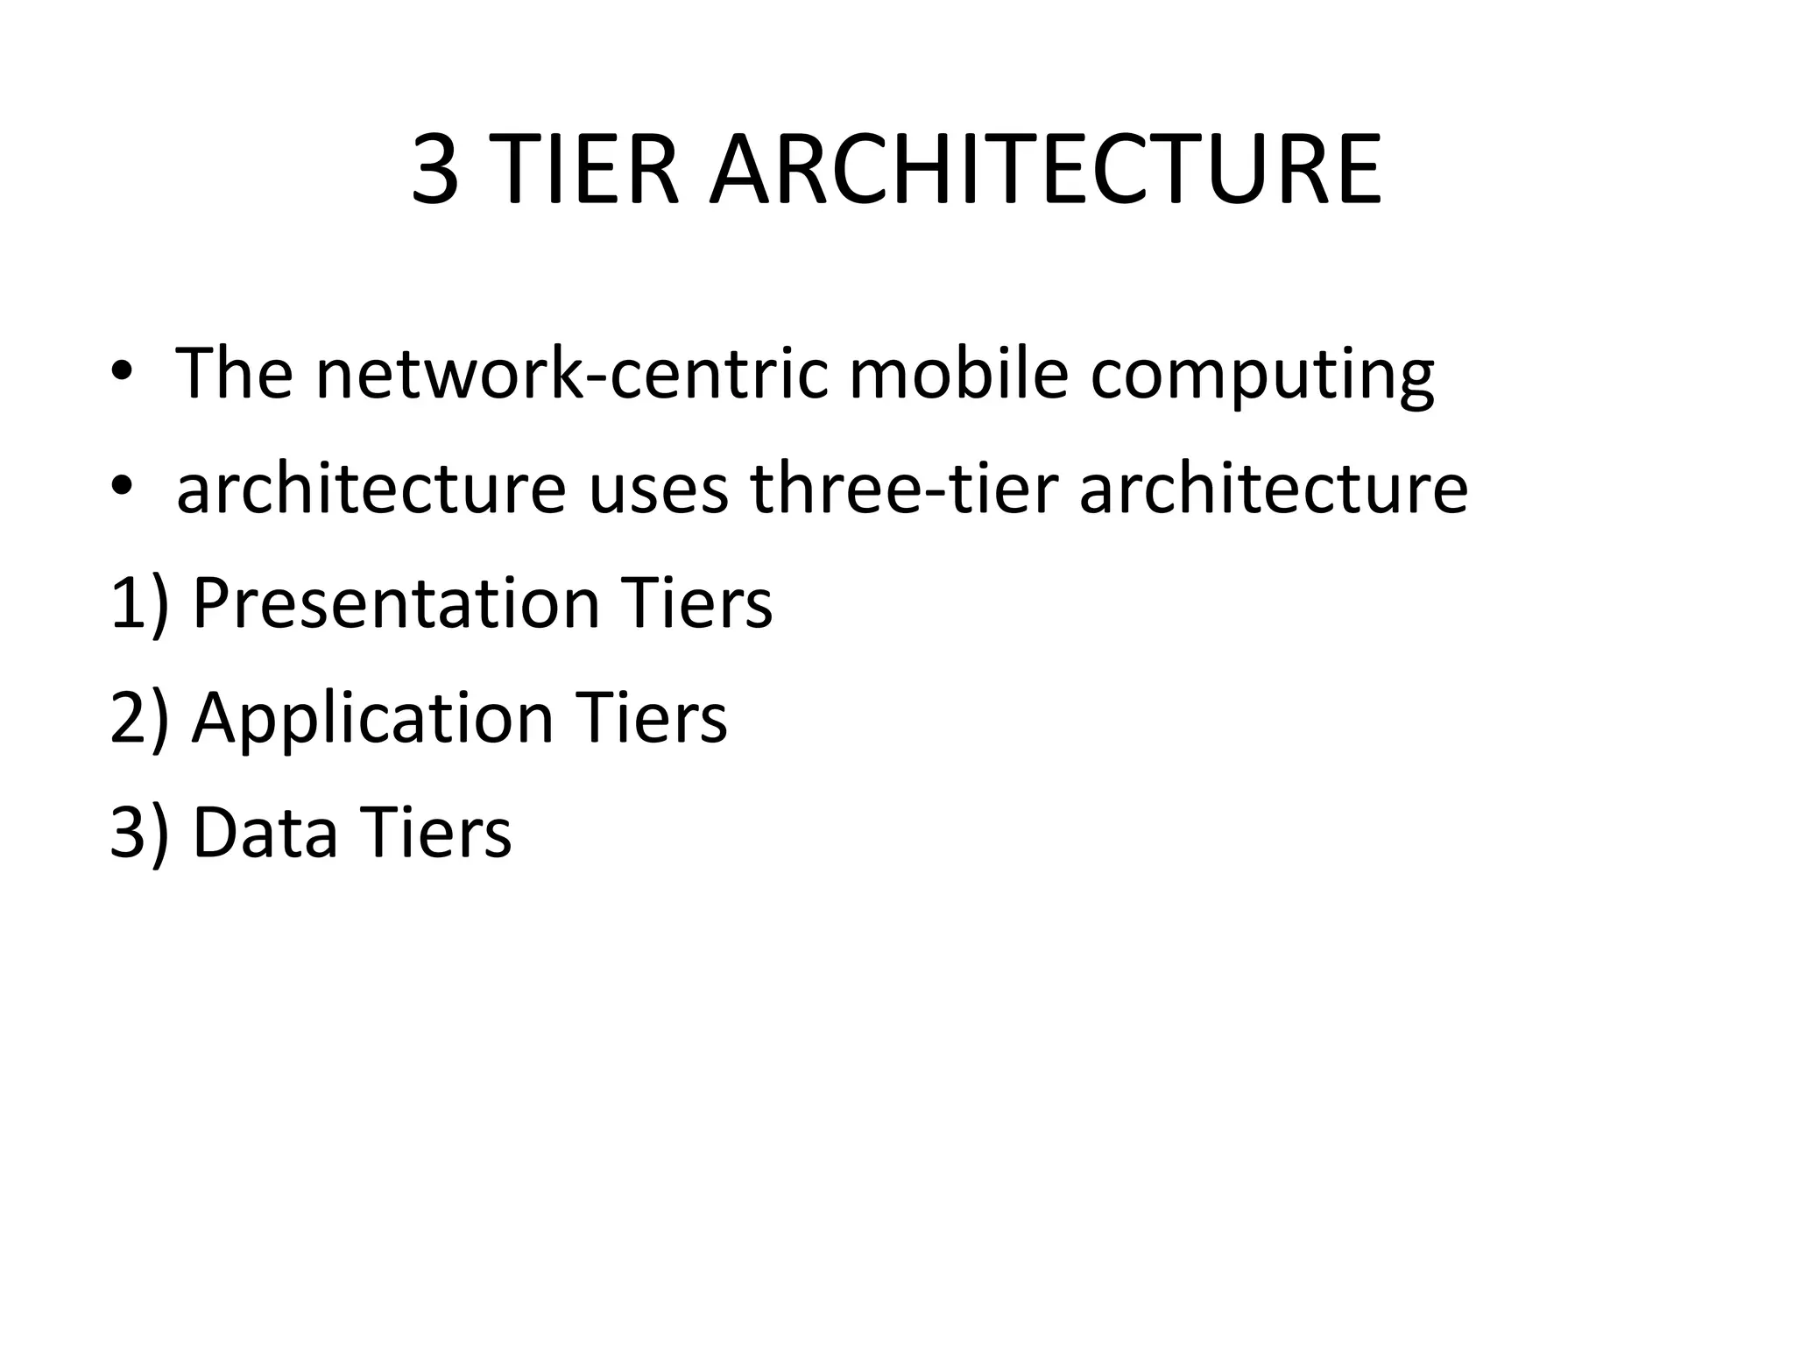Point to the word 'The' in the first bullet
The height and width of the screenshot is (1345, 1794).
[x=234, y=374]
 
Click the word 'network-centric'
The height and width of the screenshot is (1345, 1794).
[x=572, y=374]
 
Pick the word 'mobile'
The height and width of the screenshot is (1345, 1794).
[x=958, y=374]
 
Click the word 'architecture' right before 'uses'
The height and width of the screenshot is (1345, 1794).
[x=371, y=489]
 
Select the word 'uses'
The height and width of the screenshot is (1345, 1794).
[x=658, y=492]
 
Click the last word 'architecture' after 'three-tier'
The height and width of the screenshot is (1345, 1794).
[x=1273, y=489]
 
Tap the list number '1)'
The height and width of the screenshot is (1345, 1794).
[x=139, y=604]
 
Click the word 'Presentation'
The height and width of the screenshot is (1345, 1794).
[x=396, y=604]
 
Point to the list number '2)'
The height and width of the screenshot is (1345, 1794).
[x=139, y=718]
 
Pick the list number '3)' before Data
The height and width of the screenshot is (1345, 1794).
[x=139, y=833]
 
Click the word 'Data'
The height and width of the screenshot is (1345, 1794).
[x=265, y=833]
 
